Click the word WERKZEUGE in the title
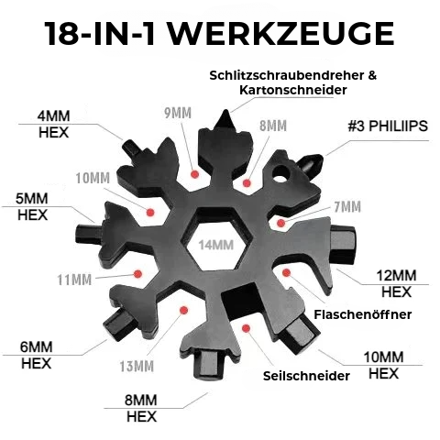[281, 34]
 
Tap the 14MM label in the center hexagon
[216, 245]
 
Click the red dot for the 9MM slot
[194, 174]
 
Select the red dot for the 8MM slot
[247, 183]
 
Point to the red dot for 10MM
[150, 212]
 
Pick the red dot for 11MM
[138, 274]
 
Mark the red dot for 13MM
[183, 311]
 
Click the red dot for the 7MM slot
[281, 223]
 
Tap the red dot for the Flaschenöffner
[286, 272]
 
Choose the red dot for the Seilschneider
[246, 328]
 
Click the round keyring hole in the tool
[280, 174]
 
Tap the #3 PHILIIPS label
[388, 126]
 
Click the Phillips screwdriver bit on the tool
[311, 164]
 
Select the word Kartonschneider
[293, 90]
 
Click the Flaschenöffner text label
[363, 314]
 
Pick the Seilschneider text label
[306, 376]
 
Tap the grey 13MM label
[137, 366]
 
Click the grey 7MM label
[347, 207]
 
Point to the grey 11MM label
[74, 280]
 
